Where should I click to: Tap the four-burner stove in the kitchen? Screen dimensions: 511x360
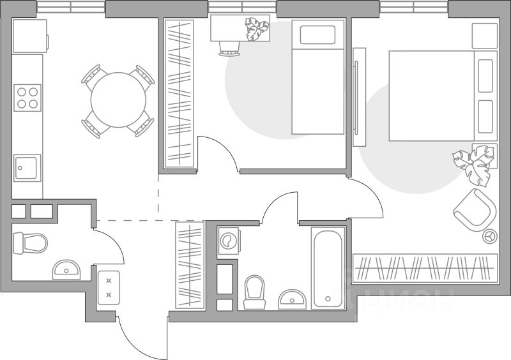click(27, 98)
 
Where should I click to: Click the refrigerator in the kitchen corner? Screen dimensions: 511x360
click(29, 36)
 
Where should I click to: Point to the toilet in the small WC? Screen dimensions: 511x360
click(31, 243)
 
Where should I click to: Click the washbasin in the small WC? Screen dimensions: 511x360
click(66, 269)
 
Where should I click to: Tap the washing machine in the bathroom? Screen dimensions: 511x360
click(227, 241)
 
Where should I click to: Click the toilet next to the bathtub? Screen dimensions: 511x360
click(255, 291)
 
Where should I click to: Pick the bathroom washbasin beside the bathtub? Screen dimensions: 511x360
click(292, 298)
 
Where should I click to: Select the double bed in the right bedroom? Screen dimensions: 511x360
click(441, 96)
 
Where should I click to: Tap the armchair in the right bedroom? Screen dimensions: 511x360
click(473, 209)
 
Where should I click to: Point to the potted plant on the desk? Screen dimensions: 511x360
click(258, 29)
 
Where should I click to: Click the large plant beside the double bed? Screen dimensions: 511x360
click(473, 163)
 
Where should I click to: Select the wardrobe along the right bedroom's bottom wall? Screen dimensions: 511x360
click(425, 267)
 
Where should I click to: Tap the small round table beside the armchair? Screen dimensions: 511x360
click(490, 236)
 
